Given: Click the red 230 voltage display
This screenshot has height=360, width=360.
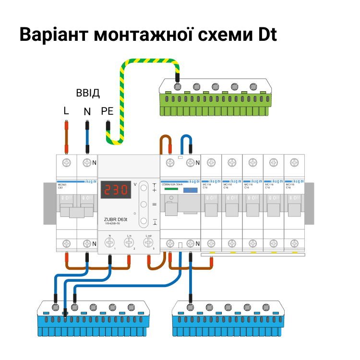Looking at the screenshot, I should [x=116, y=190].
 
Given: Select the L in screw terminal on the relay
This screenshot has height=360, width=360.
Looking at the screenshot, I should [x=129, y=242].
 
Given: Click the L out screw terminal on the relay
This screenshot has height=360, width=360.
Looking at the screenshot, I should [x=149, y=242].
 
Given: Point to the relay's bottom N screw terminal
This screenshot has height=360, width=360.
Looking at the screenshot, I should [x=110, y=242].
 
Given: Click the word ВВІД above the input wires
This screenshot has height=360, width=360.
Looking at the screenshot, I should [x=87, y=93].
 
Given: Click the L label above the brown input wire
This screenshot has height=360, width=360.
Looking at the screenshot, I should [x=66, y=111].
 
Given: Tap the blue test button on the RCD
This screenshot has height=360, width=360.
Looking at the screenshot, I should [x=190, y=190].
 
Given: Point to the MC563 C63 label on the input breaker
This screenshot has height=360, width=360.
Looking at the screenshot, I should [x=62, y=185].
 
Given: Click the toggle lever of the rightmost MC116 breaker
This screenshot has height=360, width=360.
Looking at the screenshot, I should [x=294, y=209].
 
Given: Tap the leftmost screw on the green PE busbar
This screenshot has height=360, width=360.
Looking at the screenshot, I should [x=178, y=86].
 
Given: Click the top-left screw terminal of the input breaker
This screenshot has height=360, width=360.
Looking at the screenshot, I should [x=66, y=162].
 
